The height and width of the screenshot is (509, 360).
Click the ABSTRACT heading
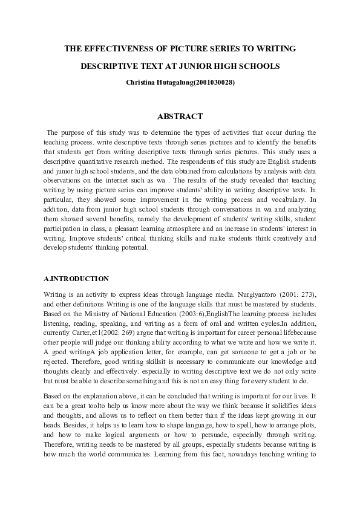[180, 116]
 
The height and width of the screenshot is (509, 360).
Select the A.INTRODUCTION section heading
[77, 279]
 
